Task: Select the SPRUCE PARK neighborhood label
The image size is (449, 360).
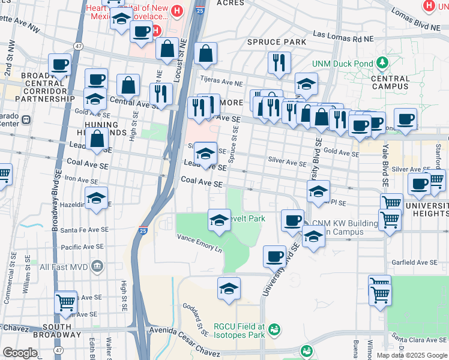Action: [x=277, y=42]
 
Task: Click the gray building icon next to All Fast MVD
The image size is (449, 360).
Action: [x=97, y=266]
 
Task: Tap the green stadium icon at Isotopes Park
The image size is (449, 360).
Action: [x=274, y=329]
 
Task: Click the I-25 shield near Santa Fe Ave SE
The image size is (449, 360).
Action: [x=142, y=230]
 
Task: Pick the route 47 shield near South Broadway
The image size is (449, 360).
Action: [x=58, y=350]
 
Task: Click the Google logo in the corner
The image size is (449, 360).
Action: [x=20, y=353]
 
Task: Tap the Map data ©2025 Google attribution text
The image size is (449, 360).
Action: [x=411, y=355]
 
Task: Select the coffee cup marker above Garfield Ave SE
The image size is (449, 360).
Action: [x=275, y=256]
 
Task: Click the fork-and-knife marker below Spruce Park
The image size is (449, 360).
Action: [x=279, y=62]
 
